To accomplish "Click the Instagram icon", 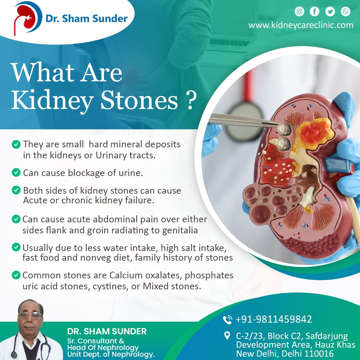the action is tap(299, 11).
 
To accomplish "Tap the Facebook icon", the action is tap(315, 11).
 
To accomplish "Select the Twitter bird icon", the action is tap(330, 11).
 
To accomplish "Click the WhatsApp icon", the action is tap(345, 11).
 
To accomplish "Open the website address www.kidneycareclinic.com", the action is tap(301, 25).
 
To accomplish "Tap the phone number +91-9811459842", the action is tap(274, 319).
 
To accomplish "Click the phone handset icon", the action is tap(228, 320).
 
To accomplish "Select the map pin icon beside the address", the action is tap(227, 336).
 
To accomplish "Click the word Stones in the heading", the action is tap(139, 100).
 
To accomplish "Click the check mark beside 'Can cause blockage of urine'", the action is tap(16, 172).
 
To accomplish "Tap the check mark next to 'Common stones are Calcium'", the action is tap(16, 275).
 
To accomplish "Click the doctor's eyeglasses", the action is tap(30, 315).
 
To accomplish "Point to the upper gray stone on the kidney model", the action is tap(284, 129).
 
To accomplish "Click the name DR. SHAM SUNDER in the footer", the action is tap(107, 331).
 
